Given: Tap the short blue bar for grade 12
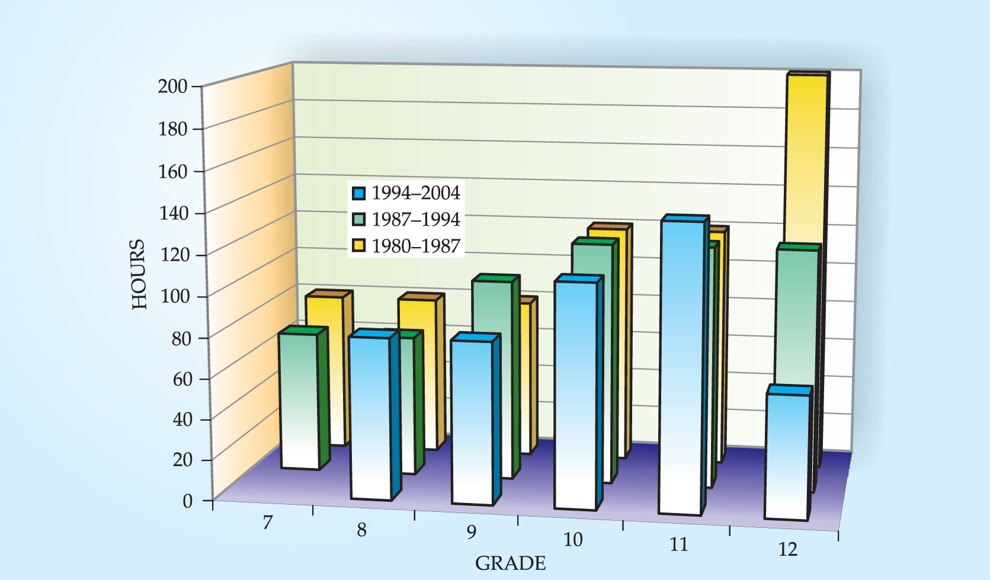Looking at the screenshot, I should coord(787,456).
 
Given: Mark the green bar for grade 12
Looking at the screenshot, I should coord(796,314).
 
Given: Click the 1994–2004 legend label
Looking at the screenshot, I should coord(415,193).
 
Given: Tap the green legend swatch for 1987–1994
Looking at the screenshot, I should coord(358,220).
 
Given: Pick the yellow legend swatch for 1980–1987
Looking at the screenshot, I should coord(358,246).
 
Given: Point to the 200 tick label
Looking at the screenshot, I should coord(172,86).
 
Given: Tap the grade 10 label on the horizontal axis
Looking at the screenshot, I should coord(572,540).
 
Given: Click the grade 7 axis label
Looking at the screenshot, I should coord(268,523).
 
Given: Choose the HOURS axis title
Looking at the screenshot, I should coord(139,274).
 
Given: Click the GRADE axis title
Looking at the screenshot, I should coord(510,563).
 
